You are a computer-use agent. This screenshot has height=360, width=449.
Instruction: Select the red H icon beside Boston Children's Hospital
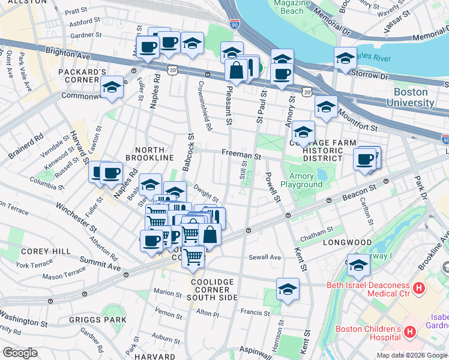[x=410, y=331]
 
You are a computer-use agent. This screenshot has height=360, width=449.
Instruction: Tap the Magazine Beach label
[x=292, y=7]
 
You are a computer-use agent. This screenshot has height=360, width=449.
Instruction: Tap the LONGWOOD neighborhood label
[x=347, y=242]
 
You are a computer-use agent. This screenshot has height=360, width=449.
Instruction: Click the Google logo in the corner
[x=20, y=353]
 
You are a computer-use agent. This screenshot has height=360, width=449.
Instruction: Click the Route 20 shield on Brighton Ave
[x=173, y=70]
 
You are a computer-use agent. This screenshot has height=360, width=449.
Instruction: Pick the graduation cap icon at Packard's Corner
[x=112, y=88]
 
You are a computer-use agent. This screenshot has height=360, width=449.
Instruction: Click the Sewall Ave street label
[x=267, y=257]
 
